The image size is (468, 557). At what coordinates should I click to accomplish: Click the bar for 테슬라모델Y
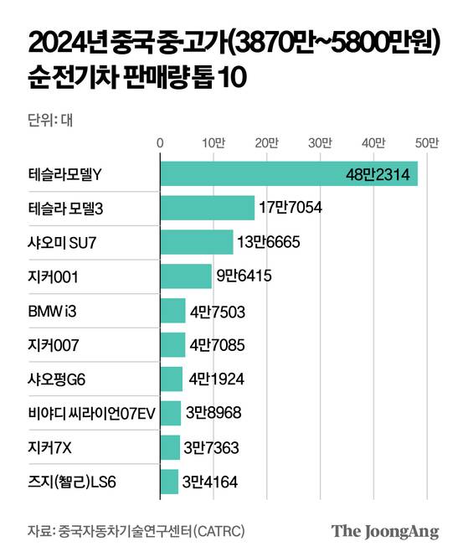[x=251, y=174]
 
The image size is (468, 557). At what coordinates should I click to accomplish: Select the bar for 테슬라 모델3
[x=207, y=208]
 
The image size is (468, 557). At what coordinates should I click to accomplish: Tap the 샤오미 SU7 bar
[x=196, y=242]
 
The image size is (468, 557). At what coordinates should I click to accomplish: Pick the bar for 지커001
[x=185, y=276]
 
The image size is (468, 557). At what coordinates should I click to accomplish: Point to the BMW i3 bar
[x=172, y=310]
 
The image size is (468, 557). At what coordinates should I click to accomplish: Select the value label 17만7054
[x=291, y=208]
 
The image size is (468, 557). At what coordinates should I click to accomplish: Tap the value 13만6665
[x=268, y=242]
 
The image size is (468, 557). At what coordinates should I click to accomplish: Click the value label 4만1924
[x=216, y=379]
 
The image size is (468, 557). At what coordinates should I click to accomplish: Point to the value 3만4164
[x=212, y=482]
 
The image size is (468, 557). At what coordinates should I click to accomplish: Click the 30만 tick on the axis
[x=321, y=143]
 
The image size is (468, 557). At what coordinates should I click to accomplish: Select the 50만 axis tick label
[x=427, y=143]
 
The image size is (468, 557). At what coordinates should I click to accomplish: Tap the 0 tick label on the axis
[x=160, y=143]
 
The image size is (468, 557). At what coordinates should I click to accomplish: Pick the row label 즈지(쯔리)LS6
[x=72, y=482]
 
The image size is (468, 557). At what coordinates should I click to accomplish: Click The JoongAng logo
[x=385, y=531]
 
